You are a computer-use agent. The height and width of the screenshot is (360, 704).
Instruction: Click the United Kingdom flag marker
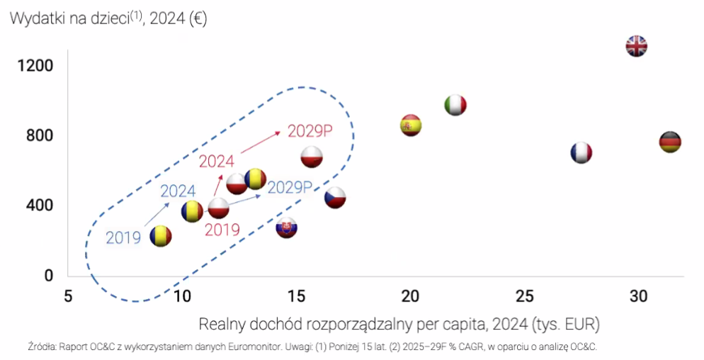tap(636, 47)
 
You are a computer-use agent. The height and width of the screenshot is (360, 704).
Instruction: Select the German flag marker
tap(669, 142)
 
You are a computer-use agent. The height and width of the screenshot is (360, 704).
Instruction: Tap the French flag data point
tap(581, 152)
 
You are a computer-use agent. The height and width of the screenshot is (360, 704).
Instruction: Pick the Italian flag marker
tap(455, 106)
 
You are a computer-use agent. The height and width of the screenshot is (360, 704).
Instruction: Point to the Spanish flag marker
tap(411, 125)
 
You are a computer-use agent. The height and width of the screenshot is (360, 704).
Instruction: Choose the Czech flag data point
tap(334, 198)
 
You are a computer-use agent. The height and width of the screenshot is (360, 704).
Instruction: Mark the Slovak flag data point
tap(286, 227)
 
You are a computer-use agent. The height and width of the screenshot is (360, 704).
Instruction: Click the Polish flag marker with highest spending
tap(312, 157)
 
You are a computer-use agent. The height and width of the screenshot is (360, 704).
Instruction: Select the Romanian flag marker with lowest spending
tap(161, 236)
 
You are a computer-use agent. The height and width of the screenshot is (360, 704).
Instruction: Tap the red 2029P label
tap(310, 133)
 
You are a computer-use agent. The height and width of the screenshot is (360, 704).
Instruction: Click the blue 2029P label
tap(290, 187)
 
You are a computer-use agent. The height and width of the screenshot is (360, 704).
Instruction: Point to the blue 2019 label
tap(123, 237)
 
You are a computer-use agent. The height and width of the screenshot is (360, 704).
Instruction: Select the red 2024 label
tap(216, 162)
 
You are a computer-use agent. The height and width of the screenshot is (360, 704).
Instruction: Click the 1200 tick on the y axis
tap(35, 66)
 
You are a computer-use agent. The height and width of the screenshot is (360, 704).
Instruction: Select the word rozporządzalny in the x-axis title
tap(362, 325)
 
